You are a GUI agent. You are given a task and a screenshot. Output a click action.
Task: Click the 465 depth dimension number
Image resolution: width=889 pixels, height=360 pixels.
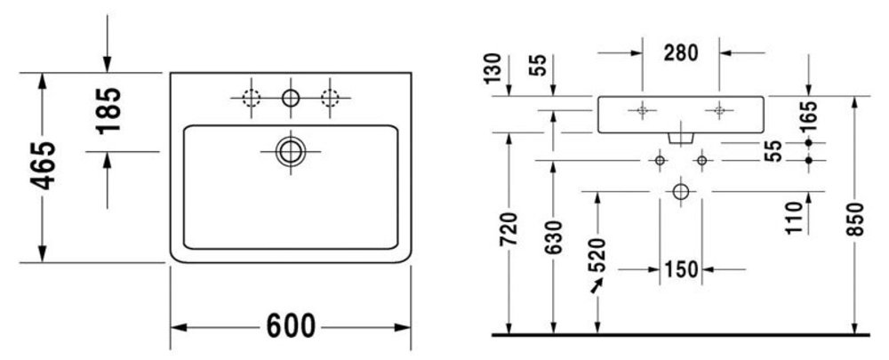tap(43, 164)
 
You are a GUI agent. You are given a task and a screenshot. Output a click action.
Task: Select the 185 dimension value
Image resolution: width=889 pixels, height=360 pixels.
tap(108, 110)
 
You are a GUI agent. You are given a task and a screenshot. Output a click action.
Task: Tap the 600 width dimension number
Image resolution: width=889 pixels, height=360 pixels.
tap(291, 326)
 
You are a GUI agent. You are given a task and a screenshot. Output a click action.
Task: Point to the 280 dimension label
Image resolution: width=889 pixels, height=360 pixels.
tap(681, 52)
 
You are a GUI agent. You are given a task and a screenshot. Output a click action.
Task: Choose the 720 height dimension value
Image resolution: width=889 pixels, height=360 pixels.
tap(509, 229)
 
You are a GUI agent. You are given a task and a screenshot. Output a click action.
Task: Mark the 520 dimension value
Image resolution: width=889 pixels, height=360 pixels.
tap(597, 255)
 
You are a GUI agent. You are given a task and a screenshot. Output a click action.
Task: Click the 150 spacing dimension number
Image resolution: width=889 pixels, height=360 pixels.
tap(681, 270)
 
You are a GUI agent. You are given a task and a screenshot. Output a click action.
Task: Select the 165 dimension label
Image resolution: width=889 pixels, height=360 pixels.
tap(810, 116)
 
